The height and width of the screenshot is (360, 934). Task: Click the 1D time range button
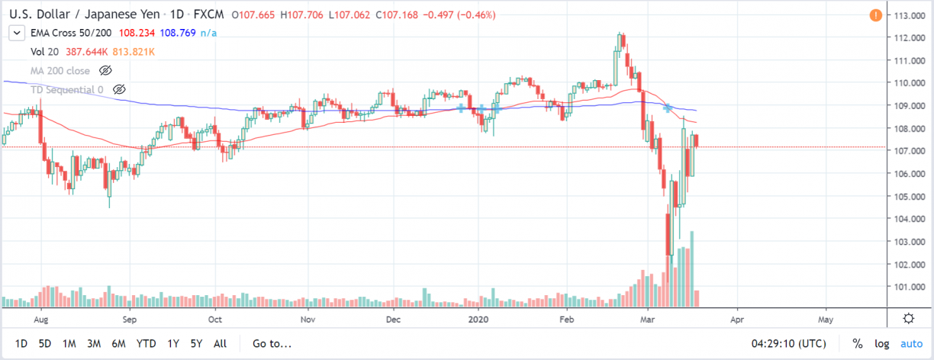[x=21, y=344]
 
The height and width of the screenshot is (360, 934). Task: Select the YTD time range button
[x=145, y=344]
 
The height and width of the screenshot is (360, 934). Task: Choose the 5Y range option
[x=196, y=344]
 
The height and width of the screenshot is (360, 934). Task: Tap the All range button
[x=220, y=344]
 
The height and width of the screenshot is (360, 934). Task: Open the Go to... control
[x=272, y=344]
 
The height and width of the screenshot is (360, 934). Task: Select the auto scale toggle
[x=911, y=344]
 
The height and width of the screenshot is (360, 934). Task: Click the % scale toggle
[x=858, y=344]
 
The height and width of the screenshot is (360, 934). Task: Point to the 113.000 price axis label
[x=910, y=15]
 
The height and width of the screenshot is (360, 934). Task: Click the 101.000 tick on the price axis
[x=910, y=287]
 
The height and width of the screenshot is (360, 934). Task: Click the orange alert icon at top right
[x=876, y=15]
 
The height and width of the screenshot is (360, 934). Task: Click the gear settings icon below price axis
[x=909, y=318]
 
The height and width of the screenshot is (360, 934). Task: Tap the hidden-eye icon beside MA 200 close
[x=106, y=70]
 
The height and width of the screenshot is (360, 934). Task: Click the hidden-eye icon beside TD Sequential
[x=118, y=90]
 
